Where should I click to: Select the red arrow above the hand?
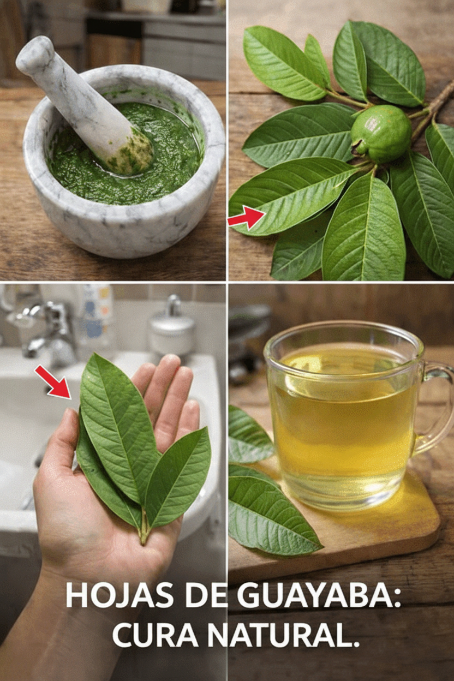(x=53, y=381)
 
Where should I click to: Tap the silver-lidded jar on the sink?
(x=172, y=327)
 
